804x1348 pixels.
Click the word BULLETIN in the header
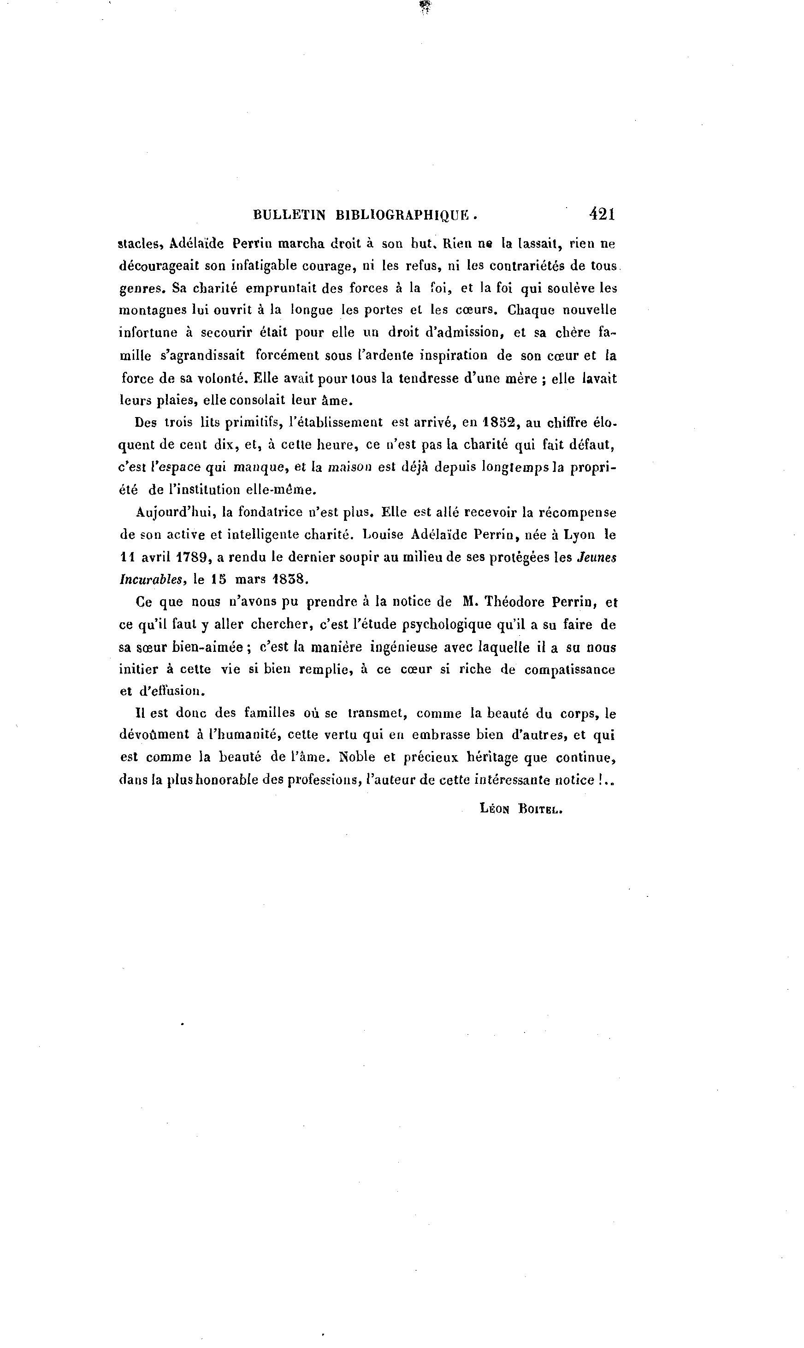pyautogui.click(x=290, y=215)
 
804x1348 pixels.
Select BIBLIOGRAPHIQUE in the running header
pyautogui.click(x=404, y=215)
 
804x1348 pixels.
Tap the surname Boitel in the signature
pyautogui.click(x=541, y=809)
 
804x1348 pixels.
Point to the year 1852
pyautogui.click(x=498, y=422)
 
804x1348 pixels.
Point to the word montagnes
pyautogui.click(x=152, y=310)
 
